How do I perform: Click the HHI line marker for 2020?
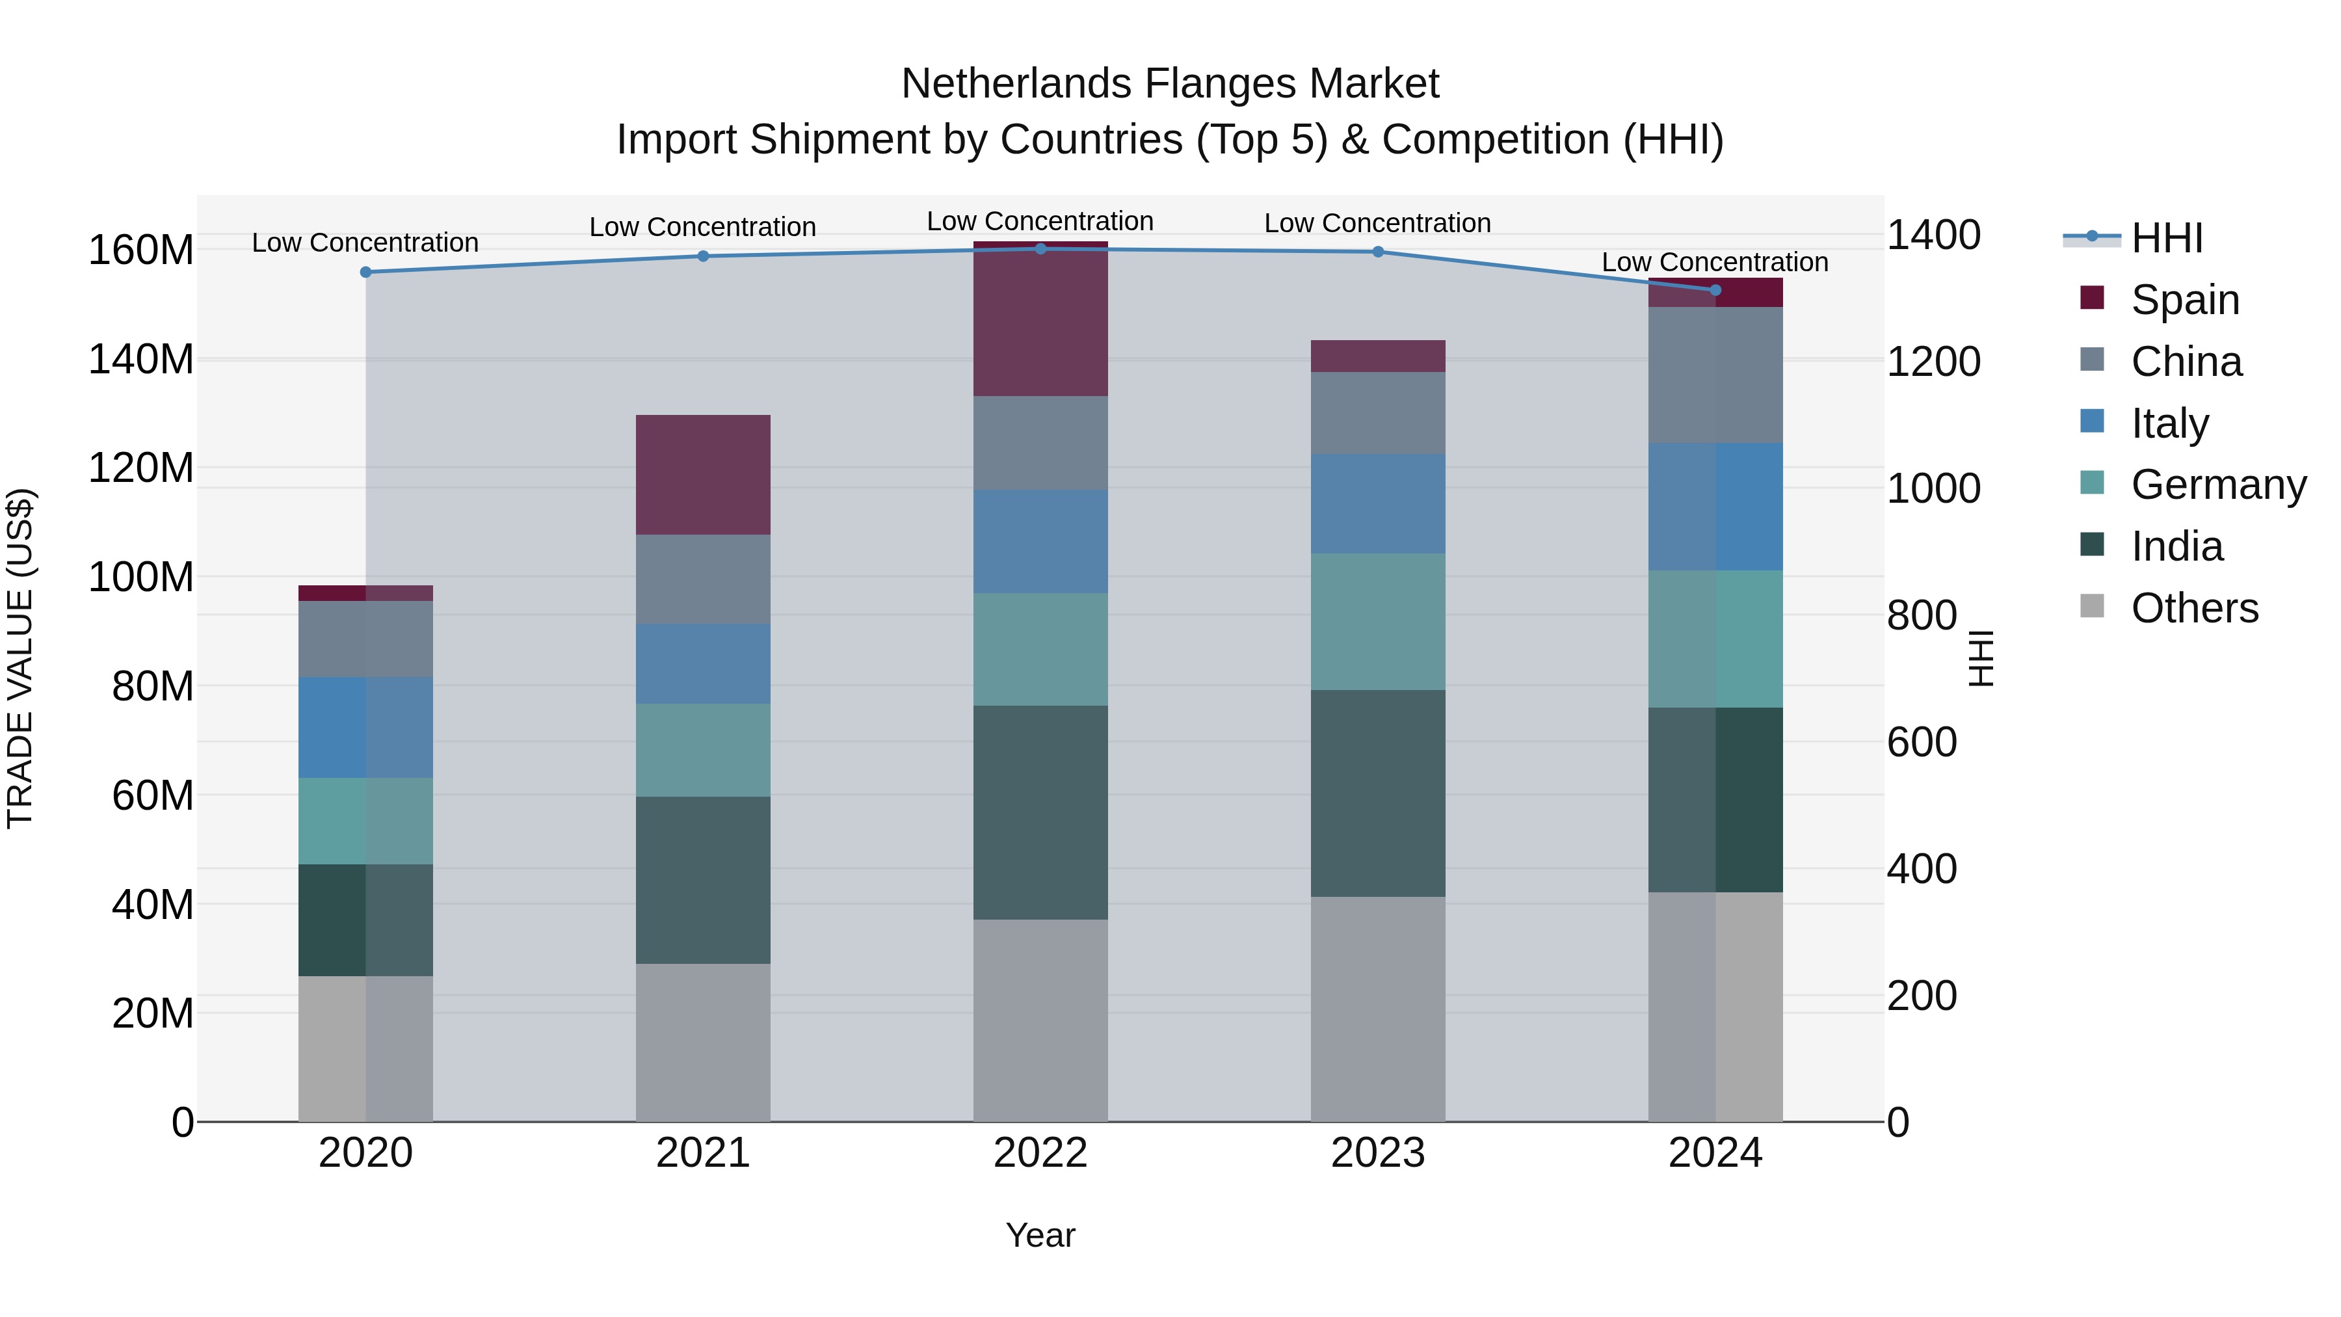365,272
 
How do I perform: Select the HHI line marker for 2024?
1715,290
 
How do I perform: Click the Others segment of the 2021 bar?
702,1042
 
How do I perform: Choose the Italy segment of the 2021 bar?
702,663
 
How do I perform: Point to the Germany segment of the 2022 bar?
1040,649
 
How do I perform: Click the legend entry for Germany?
2217,485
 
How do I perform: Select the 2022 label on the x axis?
1040,1153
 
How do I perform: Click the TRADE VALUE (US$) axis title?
20,658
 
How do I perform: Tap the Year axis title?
1040,1235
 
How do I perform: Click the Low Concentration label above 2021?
702,226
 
